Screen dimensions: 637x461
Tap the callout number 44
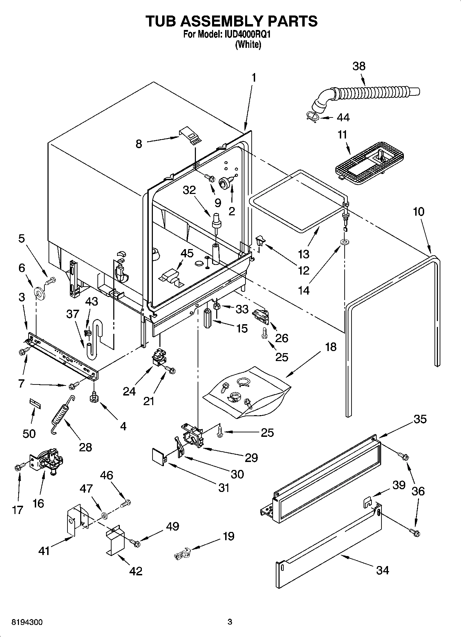[343, 117]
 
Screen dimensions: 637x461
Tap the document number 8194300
[27, 622]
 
